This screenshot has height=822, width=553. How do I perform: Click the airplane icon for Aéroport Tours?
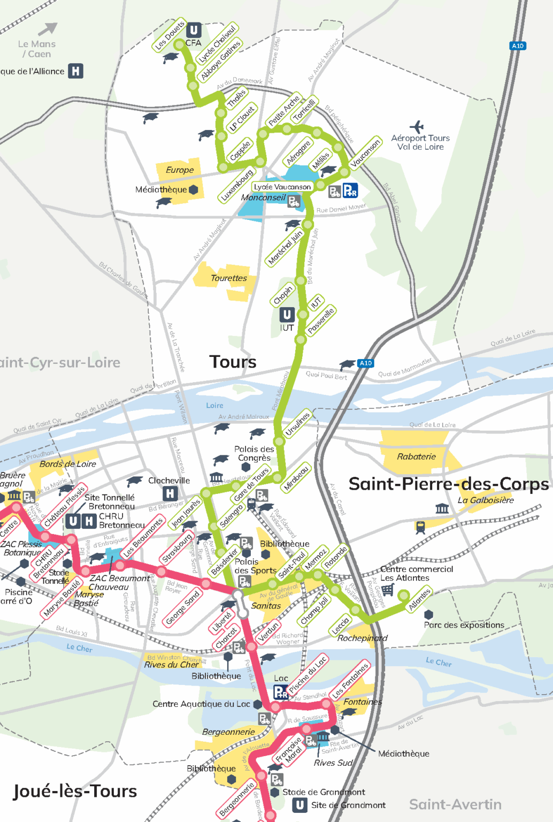tap(417, 126)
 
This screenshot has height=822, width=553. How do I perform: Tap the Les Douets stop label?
tap(170, 35)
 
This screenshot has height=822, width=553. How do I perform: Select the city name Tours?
tap(233, 362)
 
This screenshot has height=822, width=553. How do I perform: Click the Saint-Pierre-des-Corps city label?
tap(448, 484)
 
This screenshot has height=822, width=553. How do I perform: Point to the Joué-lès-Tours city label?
tap(75, 791)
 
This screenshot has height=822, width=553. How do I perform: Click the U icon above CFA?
tap(194, 30)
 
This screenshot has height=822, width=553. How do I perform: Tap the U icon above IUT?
tap(287, 315)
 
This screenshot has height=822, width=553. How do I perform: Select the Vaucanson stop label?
tap(365, 153)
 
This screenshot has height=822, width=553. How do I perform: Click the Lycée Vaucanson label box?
tap(282, 187)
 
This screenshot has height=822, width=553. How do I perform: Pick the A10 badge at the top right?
tap(517, 46)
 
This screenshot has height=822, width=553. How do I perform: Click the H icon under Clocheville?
tap(170, 493)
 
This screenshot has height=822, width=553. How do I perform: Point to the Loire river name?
tap(214, 405)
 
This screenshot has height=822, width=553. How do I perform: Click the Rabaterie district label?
tap(416, 456)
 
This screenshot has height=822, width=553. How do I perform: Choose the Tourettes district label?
tap(228, 278)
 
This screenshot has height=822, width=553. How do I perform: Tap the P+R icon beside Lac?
tap(281, 692)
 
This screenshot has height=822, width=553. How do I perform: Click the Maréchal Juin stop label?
tap(285, 248)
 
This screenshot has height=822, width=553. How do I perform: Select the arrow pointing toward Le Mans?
tap(48, 28)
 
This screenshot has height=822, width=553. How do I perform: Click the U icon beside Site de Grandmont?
tap(300, 805)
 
